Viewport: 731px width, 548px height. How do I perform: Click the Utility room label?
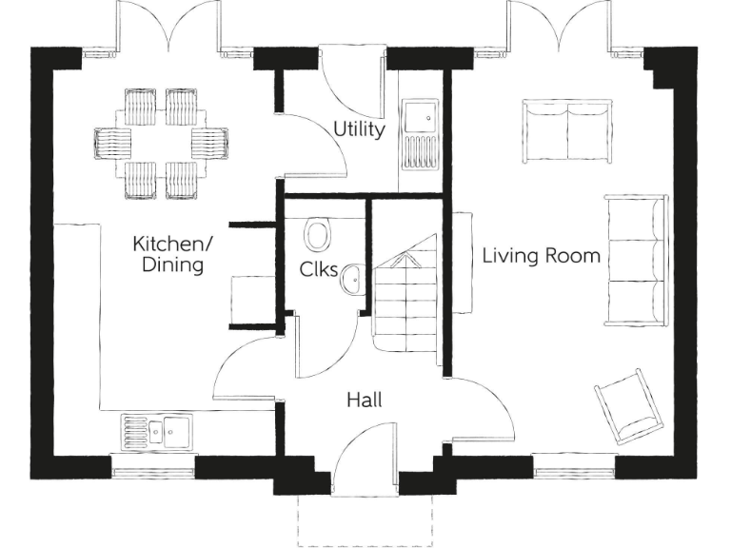tap(359, 129)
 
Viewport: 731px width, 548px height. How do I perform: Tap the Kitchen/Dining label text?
tap(173, 254)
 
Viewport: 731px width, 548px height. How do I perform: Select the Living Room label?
tap(541, 256)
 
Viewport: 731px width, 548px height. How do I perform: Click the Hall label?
tap(364, 401)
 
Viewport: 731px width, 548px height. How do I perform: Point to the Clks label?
tap(318, 269)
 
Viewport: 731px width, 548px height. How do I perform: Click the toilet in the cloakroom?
tap(317, 233)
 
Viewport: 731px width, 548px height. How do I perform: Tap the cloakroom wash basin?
tap(350, 279)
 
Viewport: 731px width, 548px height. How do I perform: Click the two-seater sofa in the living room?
tap(567, 130)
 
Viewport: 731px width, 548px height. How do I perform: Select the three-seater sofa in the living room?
tap(636, 260)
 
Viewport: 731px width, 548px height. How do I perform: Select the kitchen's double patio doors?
tap(169, 27)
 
